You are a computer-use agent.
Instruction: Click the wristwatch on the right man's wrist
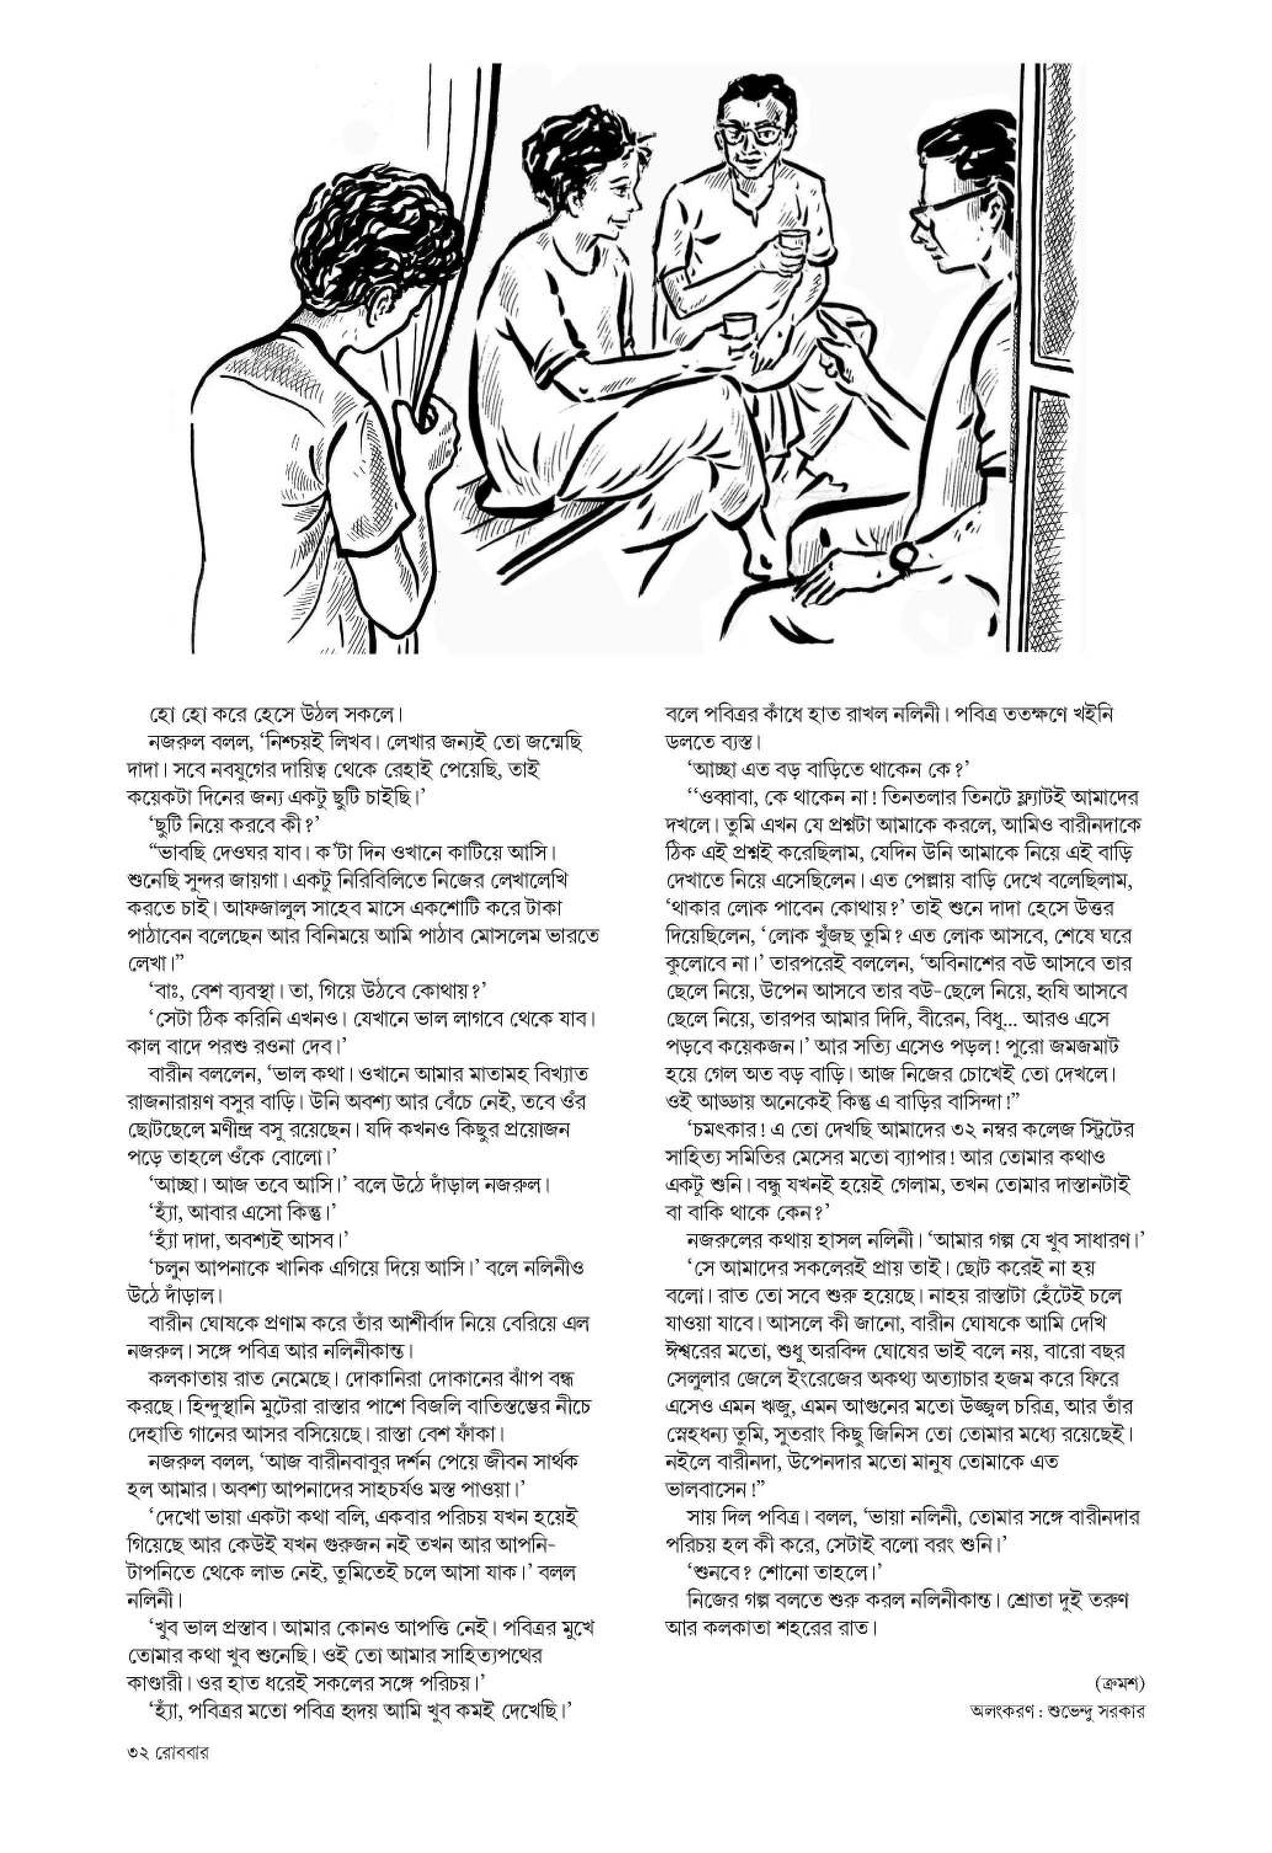[903, 556]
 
